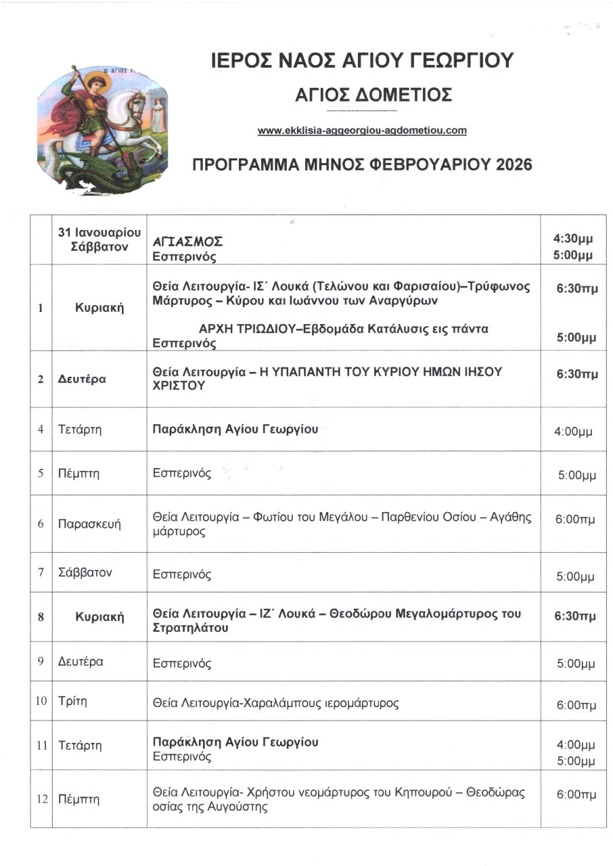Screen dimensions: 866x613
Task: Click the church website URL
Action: pyautogui.click(x=362, y=131)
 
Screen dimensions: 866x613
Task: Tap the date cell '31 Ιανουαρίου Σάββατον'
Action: pyautogui.click(x=99, y=240)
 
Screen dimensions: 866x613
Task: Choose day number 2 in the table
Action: pyautogui.click(x=41, y=379)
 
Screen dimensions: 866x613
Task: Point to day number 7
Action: pyautogui.click(x=41, y=573)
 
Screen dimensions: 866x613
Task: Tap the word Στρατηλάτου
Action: pyautogui.click(x=190, y=628)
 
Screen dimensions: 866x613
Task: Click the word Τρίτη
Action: pyautogui.click(x=70, y=702)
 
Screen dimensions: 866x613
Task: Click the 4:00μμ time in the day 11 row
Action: pyautogui.click(x=575, y=745)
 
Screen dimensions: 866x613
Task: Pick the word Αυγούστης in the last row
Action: pyautogui.click(x=242, y=806)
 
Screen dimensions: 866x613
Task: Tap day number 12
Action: pyautogui.click(x=41, y=799)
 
